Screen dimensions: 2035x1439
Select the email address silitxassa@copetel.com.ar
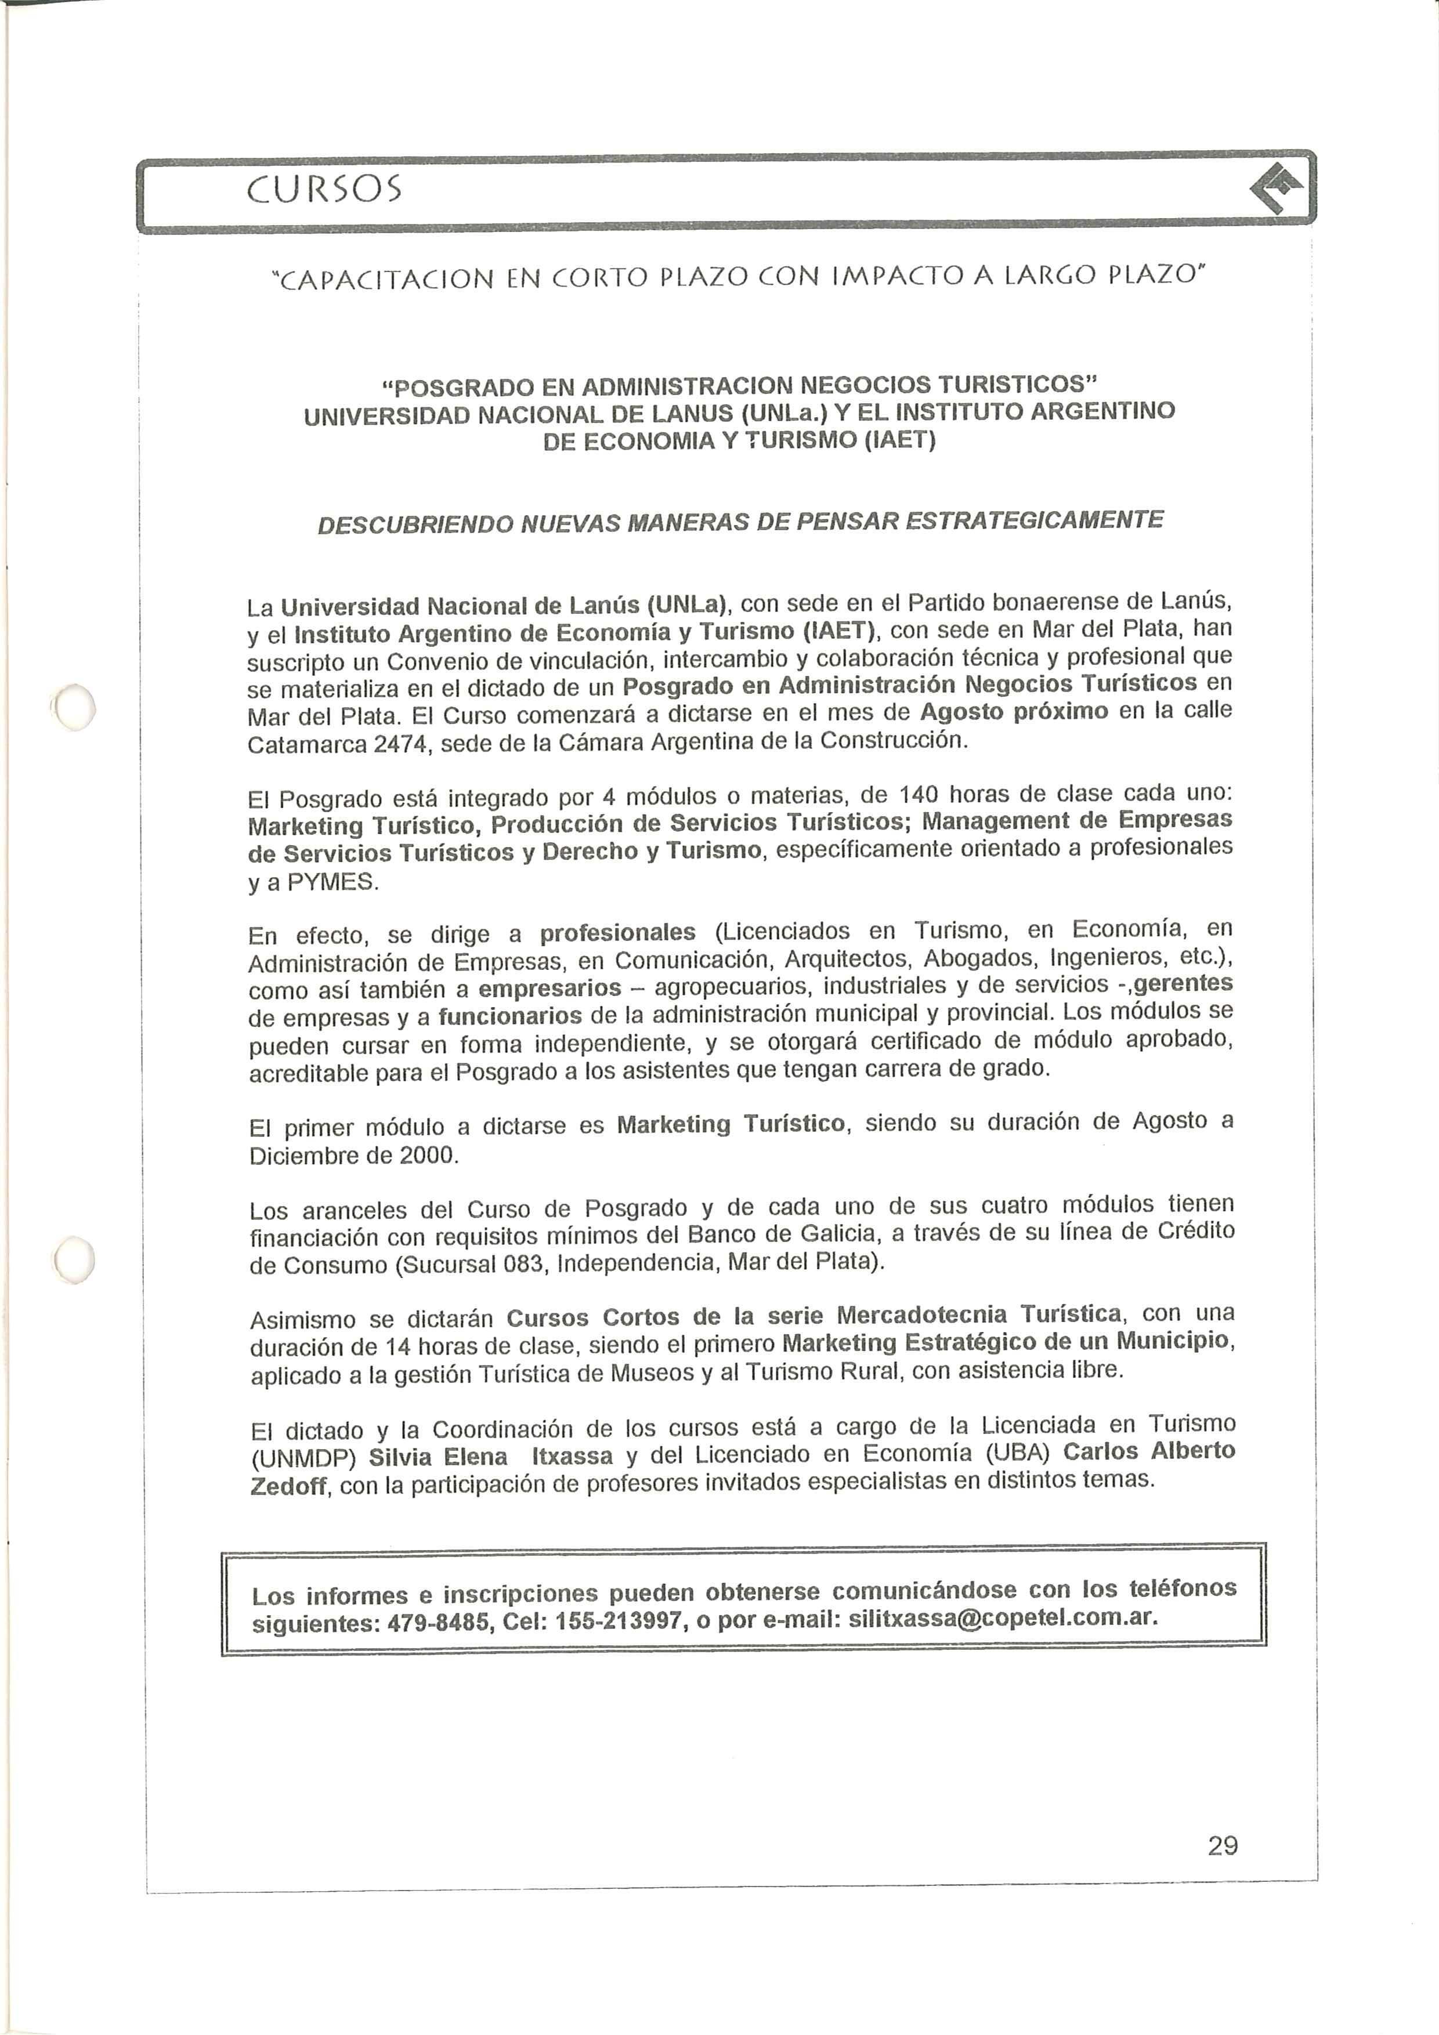point(1003,1617)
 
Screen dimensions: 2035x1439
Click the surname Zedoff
point(288,1486)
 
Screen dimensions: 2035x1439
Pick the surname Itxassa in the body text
point(572,1456)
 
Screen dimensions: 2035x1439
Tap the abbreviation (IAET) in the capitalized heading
point(900,440)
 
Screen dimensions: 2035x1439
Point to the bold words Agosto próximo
point(1014,712)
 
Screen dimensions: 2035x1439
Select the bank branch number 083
point(522,1262)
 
